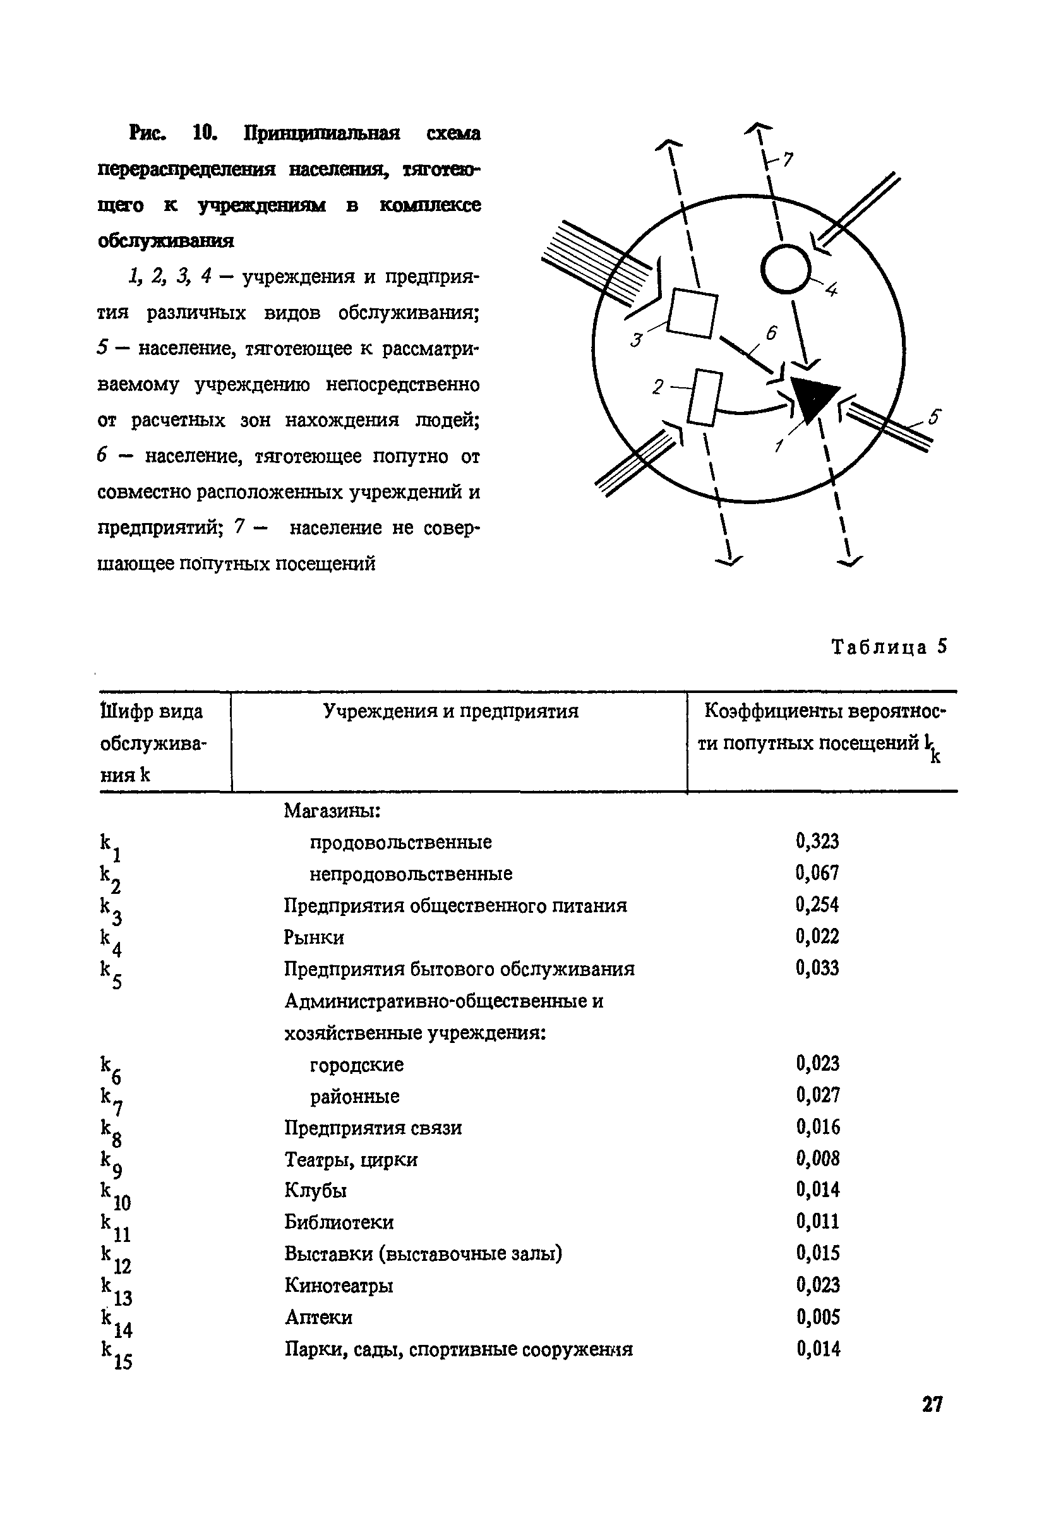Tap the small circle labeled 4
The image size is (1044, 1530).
click(x=785, y=268)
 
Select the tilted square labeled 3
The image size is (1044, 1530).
click(x=693, y=313)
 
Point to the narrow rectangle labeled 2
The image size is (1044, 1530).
click(x=704, y=399)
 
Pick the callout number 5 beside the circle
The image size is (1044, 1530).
click(x=935, y=418)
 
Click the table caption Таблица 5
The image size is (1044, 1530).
click(x=889, y=647)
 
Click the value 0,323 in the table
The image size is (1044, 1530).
click(x=817, y=841)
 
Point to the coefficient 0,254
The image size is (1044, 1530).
click(x=817, y=905)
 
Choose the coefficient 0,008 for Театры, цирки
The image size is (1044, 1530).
click(x=817, y=1158)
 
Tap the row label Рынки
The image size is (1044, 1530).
click(x=314, y=937)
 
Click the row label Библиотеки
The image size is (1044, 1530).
click(x=339, y=1222)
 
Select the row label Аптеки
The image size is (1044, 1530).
click(x=318, y=1317)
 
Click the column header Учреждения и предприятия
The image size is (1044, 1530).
click(x=451, y=712)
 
